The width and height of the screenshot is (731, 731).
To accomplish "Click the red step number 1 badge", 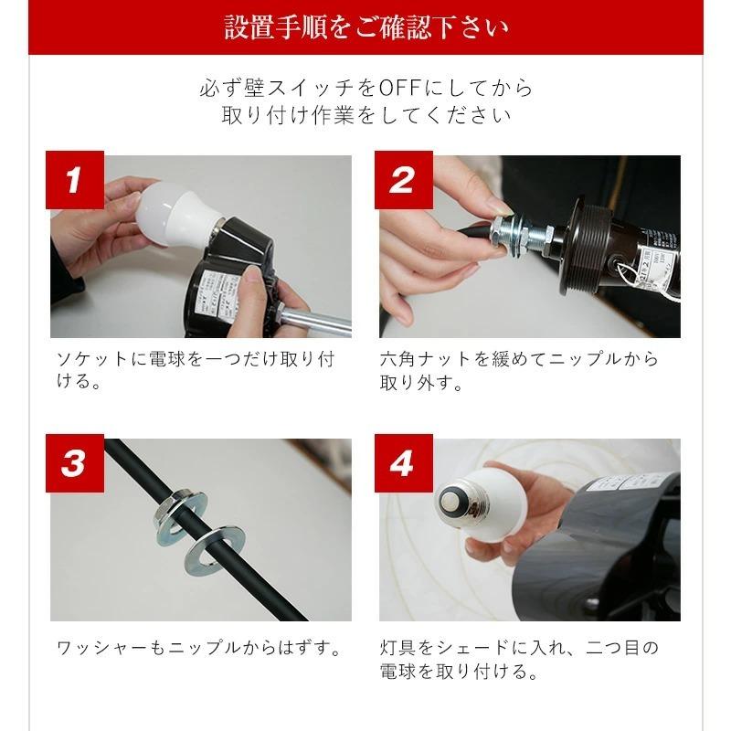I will (x=73, y=181).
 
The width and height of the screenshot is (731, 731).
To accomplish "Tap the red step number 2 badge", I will (x=402, y=181).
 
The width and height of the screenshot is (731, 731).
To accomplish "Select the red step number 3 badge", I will (x=73, y=464).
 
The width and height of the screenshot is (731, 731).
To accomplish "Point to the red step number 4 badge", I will (x=402, y=464).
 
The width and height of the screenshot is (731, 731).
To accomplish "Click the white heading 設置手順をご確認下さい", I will (x=365, y=27).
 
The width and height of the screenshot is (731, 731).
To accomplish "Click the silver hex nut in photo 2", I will (x=505, y=231).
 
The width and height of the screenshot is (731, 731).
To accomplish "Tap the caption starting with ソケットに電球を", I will (x=192, y=369).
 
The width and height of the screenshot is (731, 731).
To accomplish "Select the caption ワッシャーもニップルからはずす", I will (x=198, y=650).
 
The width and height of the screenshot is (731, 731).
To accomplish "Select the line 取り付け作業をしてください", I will (x=365, y=116).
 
